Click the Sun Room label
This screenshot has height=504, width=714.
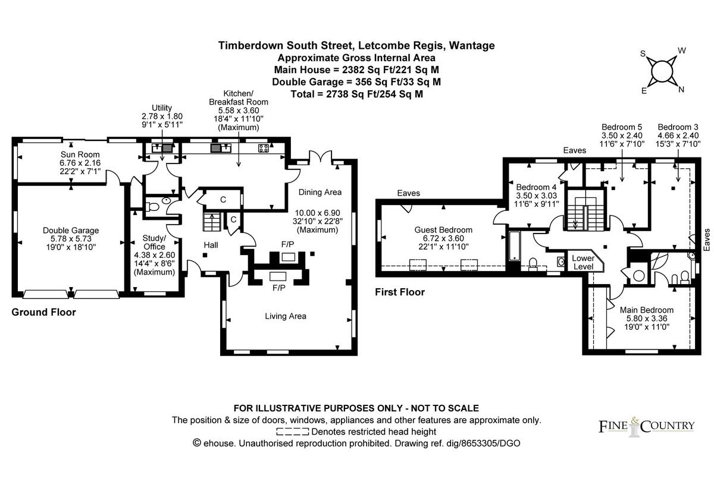(x=80, y=155)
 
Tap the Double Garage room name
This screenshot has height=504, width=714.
(x=71, y=230)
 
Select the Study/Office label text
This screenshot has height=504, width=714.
(x=154, y=242)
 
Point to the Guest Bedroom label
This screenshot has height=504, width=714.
(x=443, y=229)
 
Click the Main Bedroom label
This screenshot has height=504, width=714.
(x=646, y=310)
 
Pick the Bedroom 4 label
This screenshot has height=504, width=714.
(x=536, y=187)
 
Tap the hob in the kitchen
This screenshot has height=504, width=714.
(x=263, y=148)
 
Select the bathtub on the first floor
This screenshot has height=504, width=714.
(x=515, y=246)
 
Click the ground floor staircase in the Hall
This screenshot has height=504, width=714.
(x=212, y=222)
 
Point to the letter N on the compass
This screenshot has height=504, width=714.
(x=681, y=90)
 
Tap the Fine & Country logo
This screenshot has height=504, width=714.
(x=646, y=427)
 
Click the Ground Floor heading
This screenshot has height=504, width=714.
(x=43, y=312)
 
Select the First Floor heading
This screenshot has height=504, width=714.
(x=400, y=292)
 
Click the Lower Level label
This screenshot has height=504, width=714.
(x=583, y=262)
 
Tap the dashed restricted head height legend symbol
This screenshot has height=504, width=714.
(x=292, y=431)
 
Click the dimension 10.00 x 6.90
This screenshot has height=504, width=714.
(x=317, y=213)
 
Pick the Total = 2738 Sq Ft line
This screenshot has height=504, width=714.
(x=356, y=94)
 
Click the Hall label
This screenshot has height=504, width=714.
(x=211, y=245)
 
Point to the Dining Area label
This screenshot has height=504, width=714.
(x=320, y=192)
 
